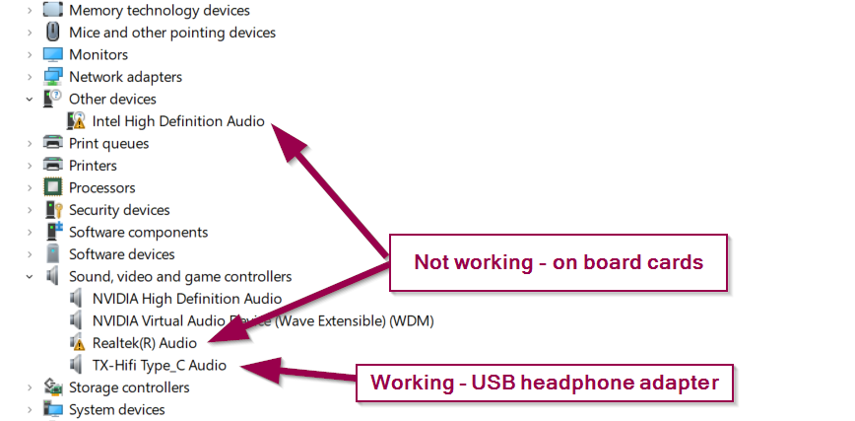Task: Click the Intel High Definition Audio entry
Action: (178, 121)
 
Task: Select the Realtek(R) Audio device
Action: (144, 343)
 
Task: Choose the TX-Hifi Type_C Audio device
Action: (159, 365)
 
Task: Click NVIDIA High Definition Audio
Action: (186, 299)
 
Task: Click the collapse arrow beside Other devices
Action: (30, 99)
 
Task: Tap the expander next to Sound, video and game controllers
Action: (30, 276)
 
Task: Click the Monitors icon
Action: (53, 54)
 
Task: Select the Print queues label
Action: (108, 143)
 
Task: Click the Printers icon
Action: (53, 166)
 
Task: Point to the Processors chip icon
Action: (53, 187)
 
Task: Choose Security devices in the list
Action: (119, 210)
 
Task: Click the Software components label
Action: (138, 232)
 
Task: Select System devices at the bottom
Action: (116, 409)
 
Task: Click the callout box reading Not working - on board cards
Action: (559, 262)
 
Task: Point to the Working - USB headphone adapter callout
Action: (545, 382)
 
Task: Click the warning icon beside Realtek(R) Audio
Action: (77, 343)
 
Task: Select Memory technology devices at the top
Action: (159, 10)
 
